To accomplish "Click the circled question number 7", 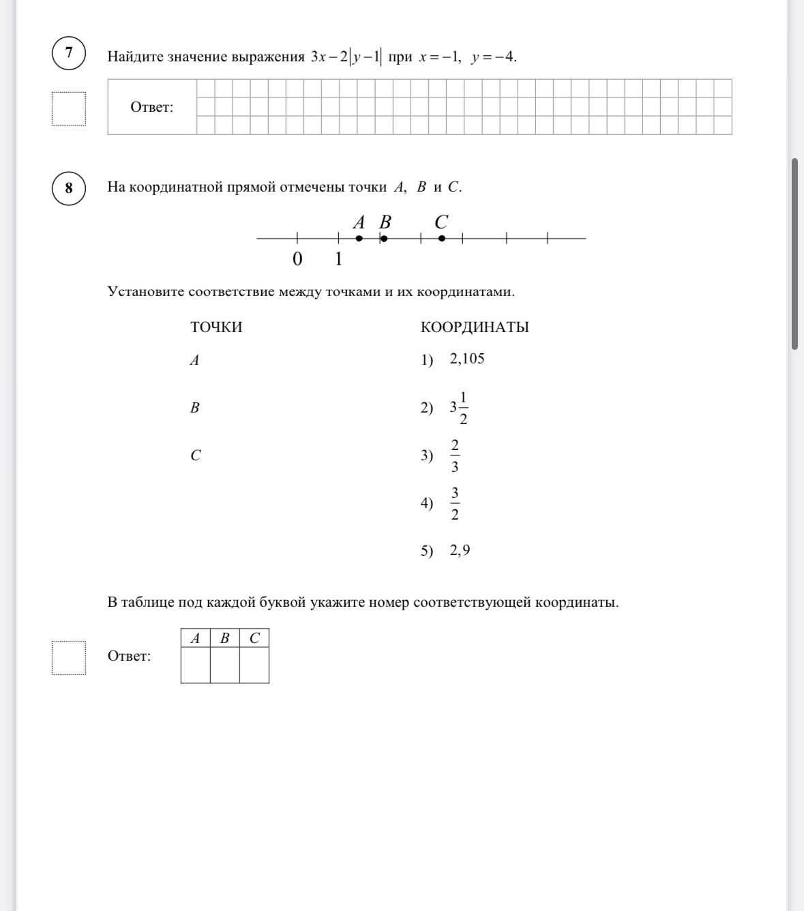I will pos(69,53).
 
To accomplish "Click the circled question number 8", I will pos(69,188).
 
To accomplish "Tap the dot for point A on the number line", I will pos(359,239).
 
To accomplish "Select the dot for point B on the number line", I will pos(384,239).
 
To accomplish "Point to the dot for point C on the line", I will pos(442,239).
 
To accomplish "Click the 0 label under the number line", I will pos(297,260).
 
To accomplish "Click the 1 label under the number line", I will pos(339,260).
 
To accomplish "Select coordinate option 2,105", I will pos(467,359).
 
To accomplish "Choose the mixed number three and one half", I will pos(459,407).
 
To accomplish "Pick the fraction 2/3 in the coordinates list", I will pos(455,455).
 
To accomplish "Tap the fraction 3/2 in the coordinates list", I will pos(455,503).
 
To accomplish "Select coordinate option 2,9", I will pos(460,551).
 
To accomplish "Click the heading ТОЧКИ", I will pos(216,327).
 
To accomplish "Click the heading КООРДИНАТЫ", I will pos(475,327).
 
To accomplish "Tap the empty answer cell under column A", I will pos(196,665).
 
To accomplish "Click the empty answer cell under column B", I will pos(225,665).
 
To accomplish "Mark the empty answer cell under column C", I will pos(254,665).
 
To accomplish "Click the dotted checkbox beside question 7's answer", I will pos(69,109).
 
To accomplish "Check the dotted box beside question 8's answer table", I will pos(69,658).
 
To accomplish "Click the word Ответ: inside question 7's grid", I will pos(152,107).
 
